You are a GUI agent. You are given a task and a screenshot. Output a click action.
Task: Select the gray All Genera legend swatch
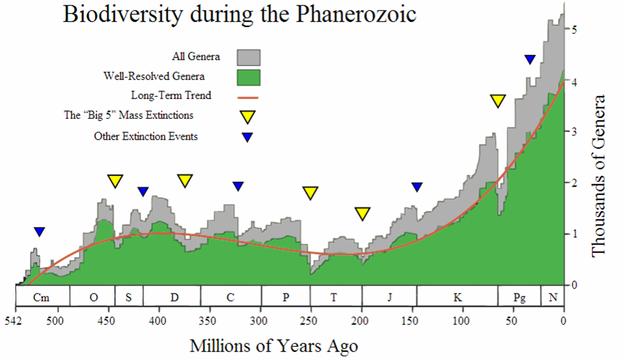click(x=249, y=56)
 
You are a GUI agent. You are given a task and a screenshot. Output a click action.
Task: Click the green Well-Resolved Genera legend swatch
click(x=249, y=76)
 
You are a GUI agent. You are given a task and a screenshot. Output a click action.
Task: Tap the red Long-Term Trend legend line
click(x=249, y=96)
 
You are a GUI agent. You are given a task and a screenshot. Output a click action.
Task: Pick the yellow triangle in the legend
click(x=248, y=117)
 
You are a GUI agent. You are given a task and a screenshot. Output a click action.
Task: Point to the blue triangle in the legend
click(x=248, y=137)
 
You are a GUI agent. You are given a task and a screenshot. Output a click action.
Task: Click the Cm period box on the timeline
click(x=42, y=297)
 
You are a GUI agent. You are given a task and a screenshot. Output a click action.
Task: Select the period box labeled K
click(x=457, y=297)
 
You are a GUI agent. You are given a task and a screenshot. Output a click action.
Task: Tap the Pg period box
click(x=519, y=297)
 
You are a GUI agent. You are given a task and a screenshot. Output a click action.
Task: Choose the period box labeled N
click(x=552, y=297)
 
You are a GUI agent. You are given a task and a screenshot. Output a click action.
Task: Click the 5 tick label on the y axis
click(x=576, y=30)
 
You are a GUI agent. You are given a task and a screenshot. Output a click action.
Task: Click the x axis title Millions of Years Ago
click(x=274, y=345)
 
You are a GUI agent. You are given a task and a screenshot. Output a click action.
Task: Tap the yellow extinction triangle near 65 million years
click(x=498, y=100)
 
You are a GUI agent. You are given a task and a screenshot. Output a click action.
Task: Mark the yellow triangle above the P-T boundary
click(x=311, y=193)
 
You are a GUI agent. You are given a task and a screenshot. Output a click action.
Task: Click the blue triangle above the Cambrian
click(x=40, y=232)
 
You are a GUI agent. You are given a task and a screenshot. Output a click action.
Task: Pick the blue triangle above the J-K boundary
click(x=417, y=187)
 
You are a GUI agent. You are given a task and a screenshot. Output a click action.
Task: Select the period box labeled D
click(x=174, y=297)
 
